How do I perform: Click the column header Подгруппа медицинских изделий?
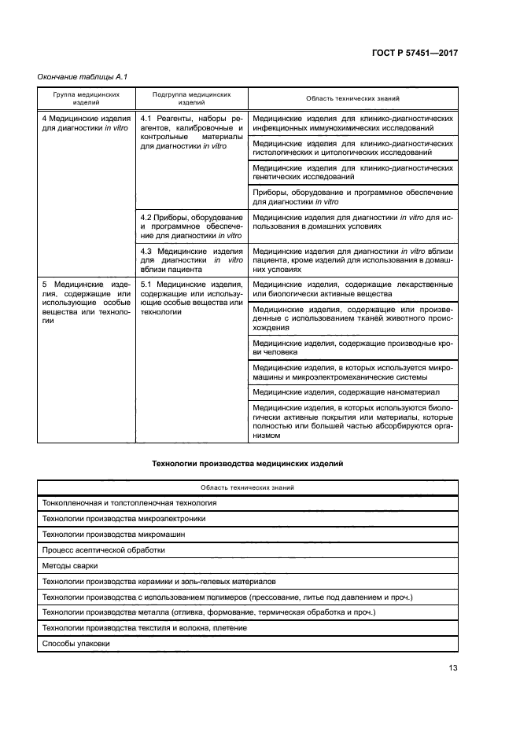tap(192, 98)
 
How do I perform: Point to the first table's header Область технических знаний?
tap(352, 98)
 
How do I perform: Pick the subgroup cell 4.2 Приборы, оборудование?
tap(192, 226)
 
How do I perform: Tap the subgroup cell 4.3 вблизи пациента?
tap(192, 259)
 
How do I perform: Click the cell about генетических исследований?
tap(352, 172)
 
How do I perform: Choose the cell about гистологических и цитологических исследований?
tap(352, 148)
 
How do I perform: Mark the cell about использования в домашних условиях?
tap(352, 221)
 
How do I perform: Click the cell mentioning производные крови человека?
tap(352, 347)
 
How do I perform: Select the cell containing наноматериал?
tap(352, 391)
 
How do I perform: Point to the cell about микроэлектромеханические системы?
tap(352, 372)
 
